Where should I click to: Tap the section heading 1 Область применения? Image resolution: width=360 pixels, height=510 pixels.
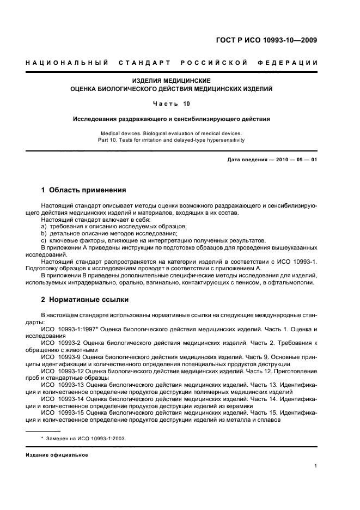click(83, 190)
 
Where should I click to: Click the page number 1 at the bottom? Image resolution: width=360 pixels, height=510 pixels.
click(316, 466)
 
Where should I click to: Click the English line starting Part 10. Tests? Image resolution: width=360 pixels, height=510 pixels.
click(171, 139)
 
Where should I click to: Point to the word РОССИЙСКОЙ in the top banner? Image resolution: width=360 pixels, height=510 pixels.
click(214, 63)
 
